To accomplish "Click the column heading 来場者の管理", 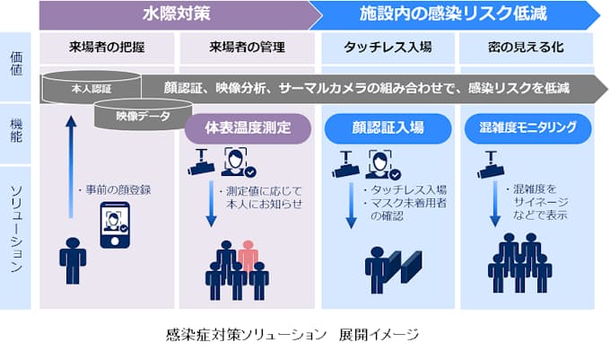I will [246, 46].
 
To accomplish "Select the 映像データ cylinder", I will [142, 117].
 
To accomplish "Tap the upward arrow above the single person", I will [71, 166].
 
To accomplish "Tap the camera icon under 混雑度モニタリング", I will [488, 162].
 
